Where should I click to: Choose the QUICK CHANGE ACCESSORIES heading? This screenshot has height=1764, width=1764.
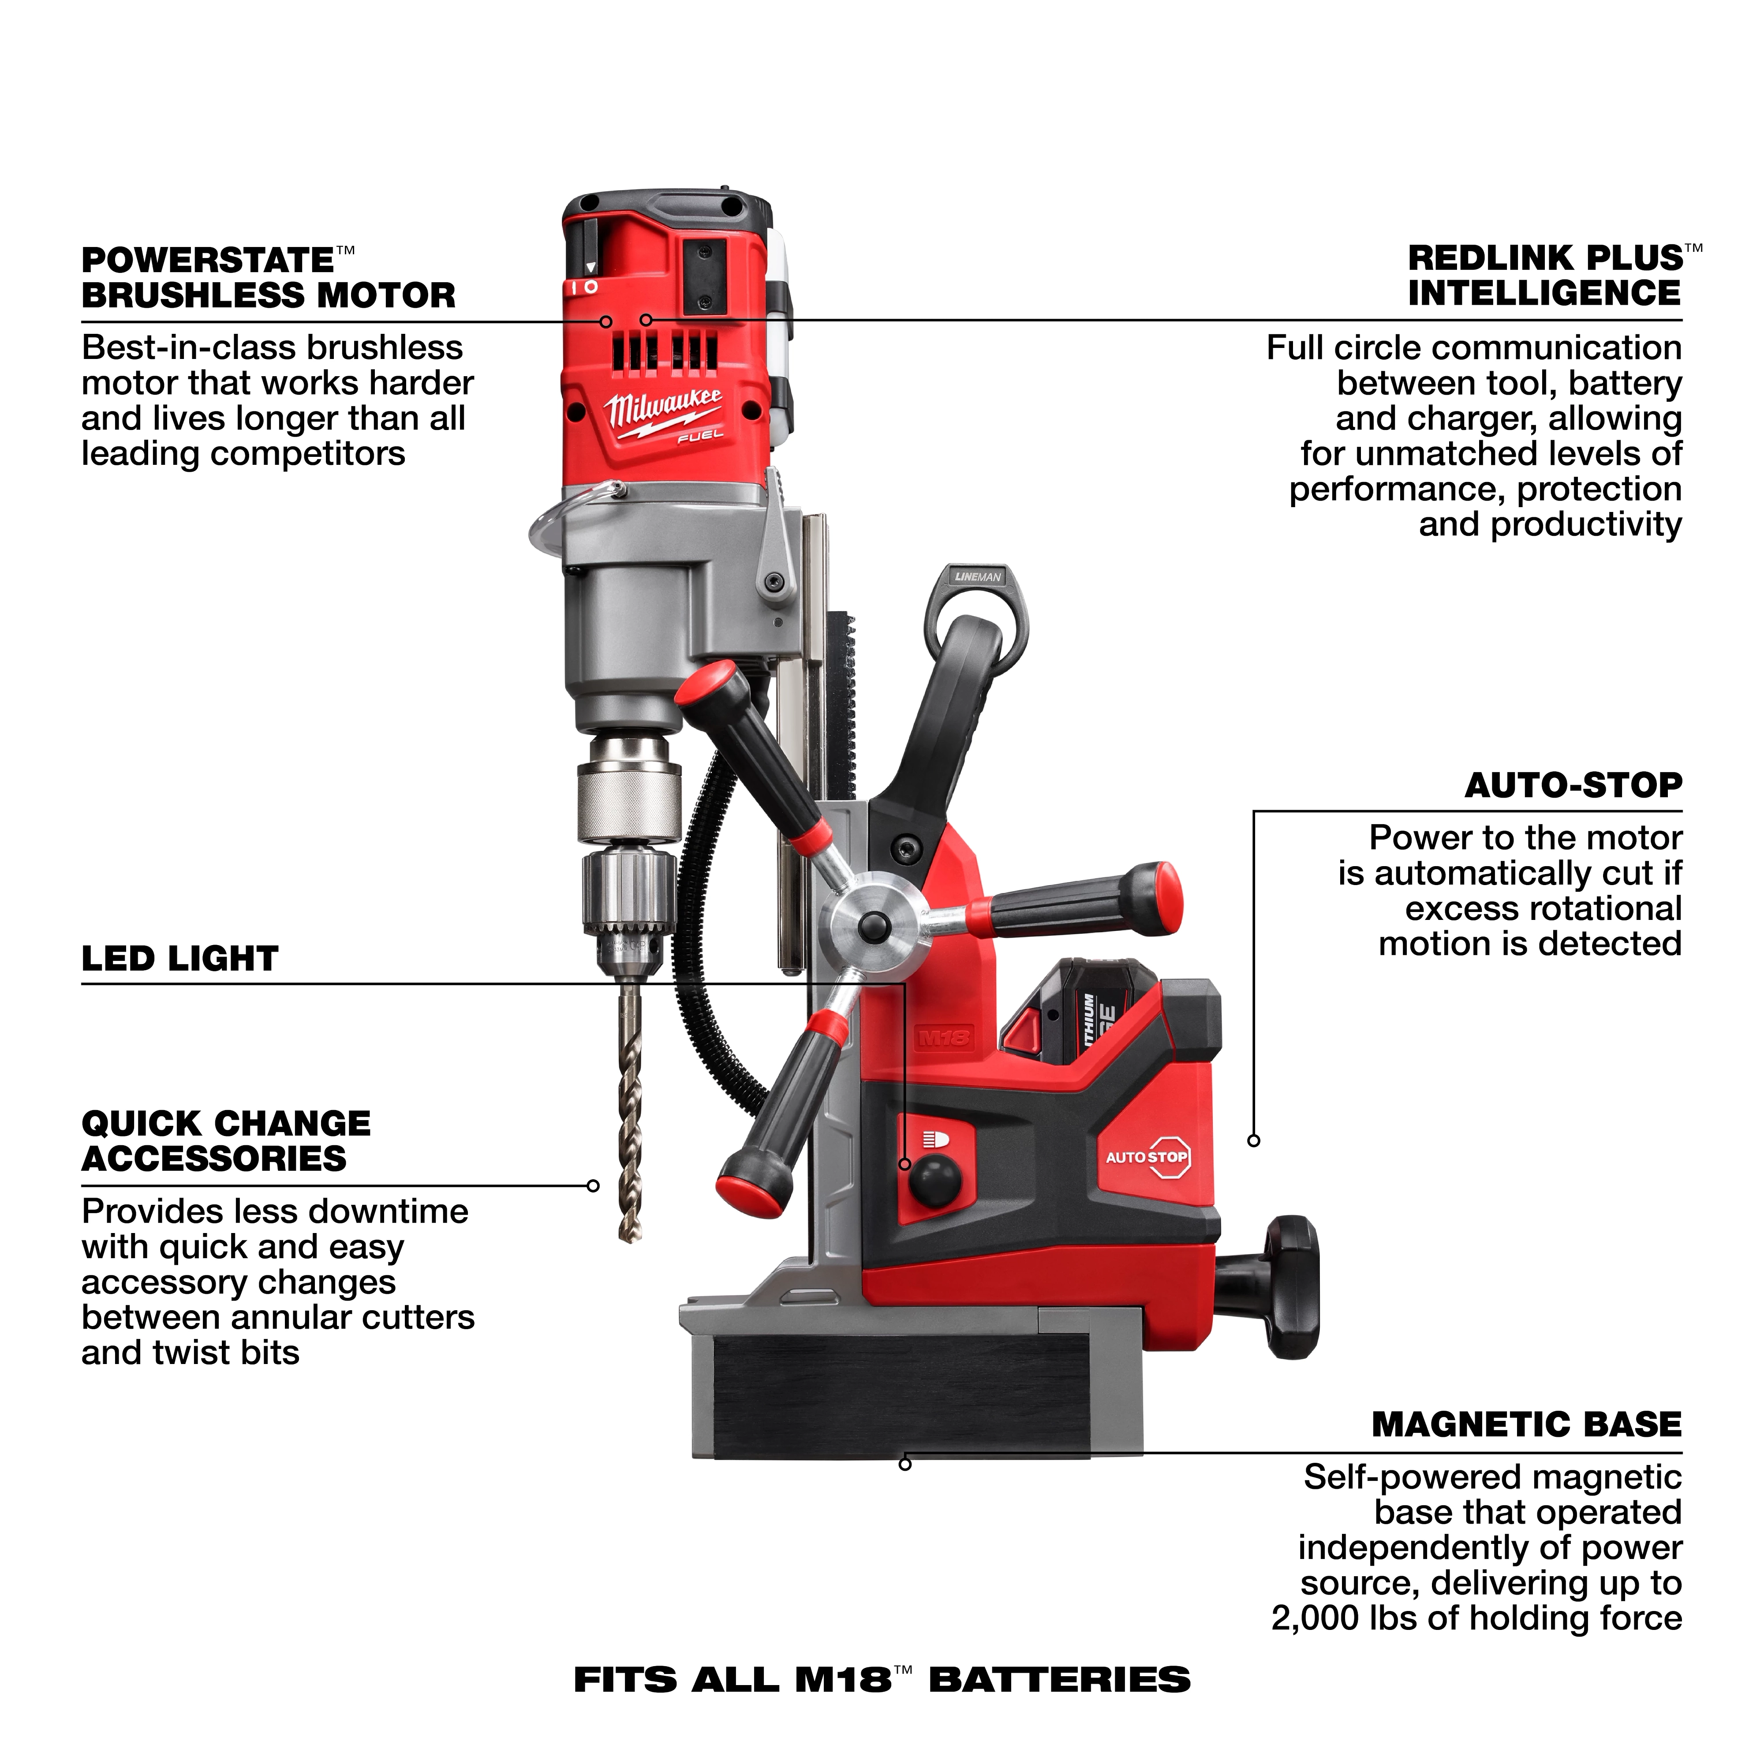coord(225,1141)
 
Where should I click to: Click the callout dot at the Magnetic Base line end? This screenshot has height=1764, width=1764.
coord(905,1465)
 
